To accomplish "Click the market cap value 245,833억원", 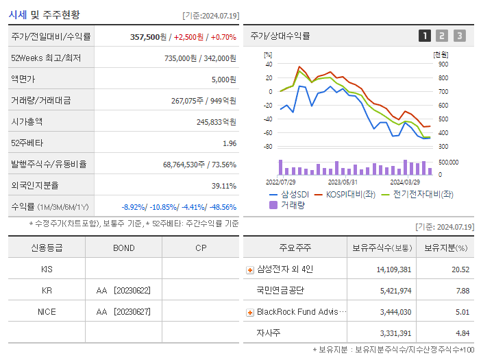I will (x=216, y=121).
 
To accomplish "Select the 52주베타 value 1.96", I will (x=229, y=143).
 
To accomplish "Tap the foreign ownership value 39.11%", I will (x=223, y=185).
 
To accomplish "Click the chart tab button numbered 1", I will (x=425, y=36).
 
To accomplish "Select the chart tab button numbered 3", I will (x=459, y=36).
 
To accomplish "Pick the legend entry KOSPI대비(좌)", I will (x=349, y=194).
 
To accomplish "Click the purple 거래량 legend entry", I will (x=288, y=204).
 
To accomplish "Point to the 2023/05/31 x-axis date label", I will (x=343, y=182).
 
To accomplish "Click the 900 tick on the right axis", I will (x=444, y=64).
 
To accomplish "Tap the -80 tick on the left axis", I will (x=268, y=147).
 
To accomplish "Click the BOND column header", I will (x=123, y=248).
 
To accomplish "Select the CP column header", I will (x=200, y=248).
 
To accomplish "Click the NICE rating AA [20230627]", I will (x=123, y=311).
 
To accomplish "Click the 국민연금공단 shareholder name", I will (x=280, y=291).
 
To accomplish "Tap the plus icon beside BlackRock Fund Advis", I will (x=249, y=312).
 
